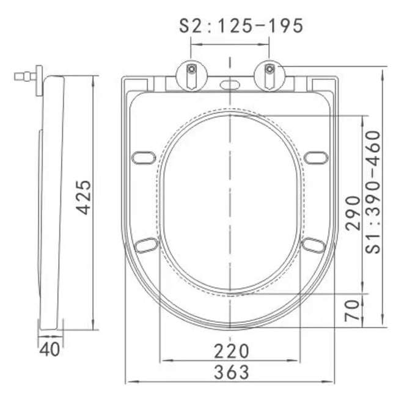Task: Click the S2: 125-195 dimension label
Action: (x=241, y=26)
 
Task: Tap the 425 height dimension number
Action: (x=84, y=197)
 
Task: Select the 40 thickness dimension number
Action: (x=50, y=349)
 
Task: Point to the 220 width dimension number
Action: (x=231, y=351)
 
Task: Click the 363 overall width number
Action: (x=231, y=372)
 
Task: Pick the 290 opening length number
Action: (x=353, y=213)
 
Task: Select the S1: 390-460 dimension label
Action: (x=373, y=192)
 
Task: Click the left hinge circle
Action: (x=192, y=75)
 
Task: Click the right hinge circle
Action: (x=269, y=75)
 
